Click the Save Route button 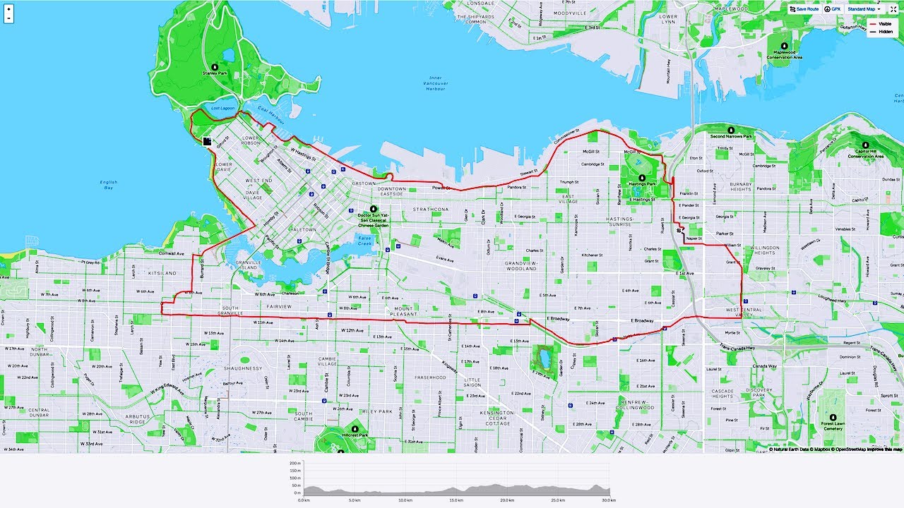(804, 9)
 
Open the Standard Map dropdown (863, 9)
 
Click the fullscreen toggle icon (893, 9)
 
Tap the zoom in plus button (8, 10)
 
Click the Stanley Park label (214, 73)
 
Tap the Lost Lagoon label (222, 108)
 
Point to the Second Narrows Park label (731, 136)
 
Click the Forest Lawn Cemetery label (833, 427)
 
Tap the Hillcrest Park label (355, 435)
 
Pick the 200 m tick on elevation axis (295, 463)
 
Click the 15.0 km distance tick (456, 500)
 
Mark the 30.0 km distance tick (609, 500)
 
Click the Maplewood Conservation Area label (784, 54)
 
